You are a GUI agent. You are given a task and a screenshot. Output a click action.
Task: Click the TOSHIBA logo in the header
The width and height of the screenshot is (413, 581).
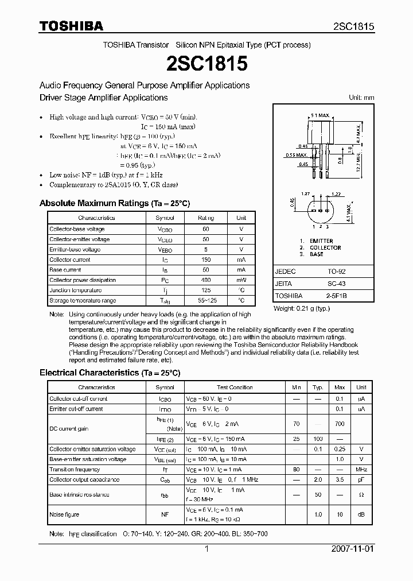pos(71,26)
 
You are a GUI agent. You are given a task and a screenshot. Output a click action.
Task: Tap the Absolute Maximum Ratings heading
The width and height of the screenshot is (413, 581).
pos(114,203)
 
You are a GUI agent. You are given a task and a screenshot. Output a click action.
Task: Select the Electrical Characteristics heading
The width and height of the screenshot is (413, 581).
pos(110,373)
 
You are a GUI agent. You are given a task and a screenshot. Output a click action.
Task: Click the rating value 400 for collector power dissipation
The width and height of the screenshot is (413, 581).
pos(206,280)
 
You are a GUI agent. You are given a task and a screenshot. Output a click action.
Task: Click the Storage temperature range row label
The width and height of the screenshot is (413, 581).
pos(83,301)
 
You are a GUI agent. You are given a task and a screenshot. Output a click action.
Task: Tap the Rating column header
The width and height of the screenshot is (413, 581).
pos(206,218)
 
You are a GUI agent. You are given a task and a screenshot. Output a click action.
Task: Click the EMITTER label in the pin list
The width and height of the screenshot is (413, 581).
pos(321,241)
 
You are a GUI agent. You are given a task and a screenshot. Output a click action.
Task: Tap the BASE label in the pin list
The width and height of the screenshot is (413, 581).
pos(317,254)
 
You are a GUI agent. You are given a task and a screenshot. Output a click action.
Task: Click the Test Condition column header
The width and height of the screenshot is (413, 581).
pos(235,388)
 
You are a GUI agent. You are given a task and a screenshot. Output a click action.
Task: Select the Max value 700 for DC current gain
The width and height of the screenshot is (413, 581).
pos(340,423)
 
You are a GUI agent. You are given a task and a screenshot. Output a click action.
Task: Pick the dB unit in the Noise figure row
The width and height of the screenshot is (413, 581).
pos(361,515)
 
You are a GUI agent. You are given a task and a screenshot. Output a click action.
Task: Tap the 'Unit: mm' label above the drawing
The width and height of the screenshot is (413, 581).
pos(361,98)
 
